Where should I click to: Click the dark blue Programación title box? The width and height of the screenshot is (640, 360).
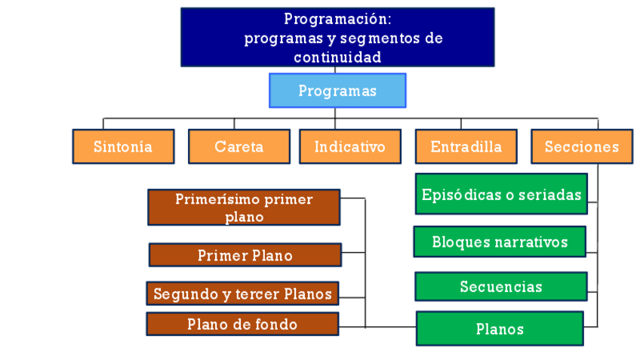[337, 37]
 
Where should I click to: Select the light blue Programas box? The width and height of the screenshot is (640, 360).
[337, 91]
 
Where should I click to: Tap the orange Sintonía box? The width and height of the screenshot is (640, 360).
[123, 146]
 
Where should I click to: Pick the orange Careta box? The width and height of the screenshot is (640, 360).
[238, 146]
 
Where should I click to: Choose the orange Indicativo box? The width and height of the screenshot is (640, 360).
[349, 146]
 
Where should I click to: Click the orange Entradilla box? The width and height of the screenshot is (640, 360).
[466, 146]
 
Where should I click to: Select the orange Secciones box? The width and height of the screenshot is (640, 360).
[581, 146]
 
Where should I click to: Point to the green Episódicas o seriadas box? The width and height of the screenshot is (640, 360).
[501, 195]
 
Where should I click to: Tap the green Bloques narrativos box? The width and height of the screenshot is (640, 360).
[500, 242]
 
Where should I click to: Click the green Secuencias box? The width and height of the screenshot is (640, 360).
[501, 287]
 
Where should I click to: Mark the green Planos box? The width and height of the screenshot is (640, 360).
[500, 329]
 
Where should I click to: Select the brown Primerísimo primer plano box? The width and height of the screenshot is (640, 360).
[244, 208]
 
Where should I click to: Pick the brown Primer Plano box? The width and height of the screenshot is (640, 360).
[245, 255]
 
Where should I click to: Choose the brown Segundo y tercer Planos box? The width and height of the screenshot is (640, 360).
[242, 294]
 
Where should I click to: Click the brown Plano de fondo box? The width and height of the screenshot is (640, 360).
[242, 325]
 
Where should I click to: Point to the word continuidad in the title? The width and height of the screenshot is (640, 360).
[337, 57]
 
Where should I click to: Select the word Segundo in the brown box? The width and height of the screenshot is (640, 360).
[180, 294]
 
